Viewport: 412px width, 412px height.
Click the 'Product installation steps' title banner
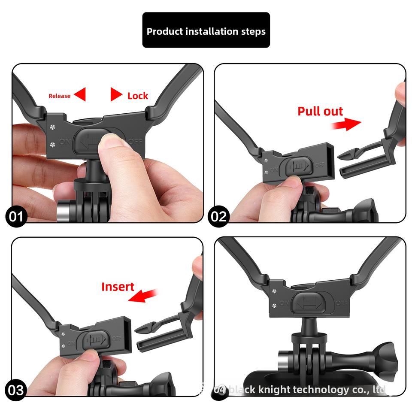pos(206,30)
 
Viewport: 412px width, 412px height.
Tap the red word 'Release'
pos(59,96)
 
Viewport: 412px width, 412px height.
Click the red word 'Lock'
pos(138,96)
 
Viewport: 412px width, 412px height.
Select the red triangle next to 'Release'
pos(80,94)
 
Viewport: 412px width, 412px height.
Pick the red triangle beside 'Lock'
pos(116,94)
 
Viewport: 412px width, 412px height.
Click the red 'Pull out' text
pos(320,112)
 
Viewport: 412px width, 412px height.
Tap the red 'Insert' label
pos(118,287)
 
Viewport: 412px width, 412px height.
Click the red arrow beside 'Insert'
pos(143,296)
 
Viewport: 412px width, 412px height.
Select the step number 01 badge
pos(16,216)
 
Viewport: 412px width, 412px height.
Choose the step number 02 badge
pos(218,216)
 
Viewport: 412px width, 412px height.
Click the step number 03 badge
pos(16,390)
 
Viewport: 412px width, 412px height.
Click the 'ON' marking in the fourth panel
pos(284,303)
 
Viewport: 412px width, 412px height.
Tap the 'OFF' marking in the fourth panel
pos(342,303)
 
